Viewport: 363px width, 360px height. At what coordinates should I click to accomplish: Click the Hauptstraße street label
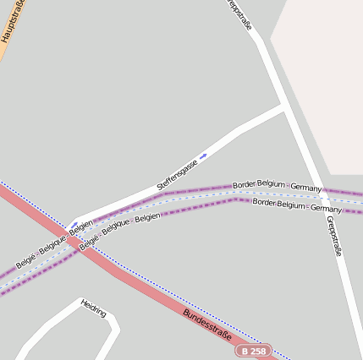click(x=12, y=21)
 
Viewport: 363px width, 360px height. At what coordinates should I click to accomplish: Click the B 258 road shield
click(x=254, y=350)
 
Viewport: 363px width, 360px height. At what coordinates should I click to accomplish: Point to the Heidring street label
click(x=94, y=307)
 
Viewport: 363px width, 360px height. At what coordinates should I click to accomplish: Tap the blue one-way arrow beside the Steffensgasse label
click(x=203, y=155)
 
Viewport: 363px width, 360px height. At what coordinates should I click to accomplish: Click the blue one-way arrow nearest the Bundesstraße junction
click(x=74, y=224)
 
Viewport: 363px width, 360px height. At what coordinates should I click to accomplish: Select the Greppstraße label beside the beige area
click(x=240, y=14)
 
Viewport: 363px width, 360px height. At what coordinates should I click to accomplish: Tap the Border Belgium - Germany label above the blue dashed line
click(x=277, y=185)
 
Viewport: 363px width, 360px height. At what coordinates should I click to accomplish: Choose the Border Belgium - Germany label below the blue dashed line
click(x=297, y=205)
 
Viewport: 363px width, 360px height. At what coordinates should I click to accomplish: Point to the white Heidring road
click(x=51, y=325)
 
